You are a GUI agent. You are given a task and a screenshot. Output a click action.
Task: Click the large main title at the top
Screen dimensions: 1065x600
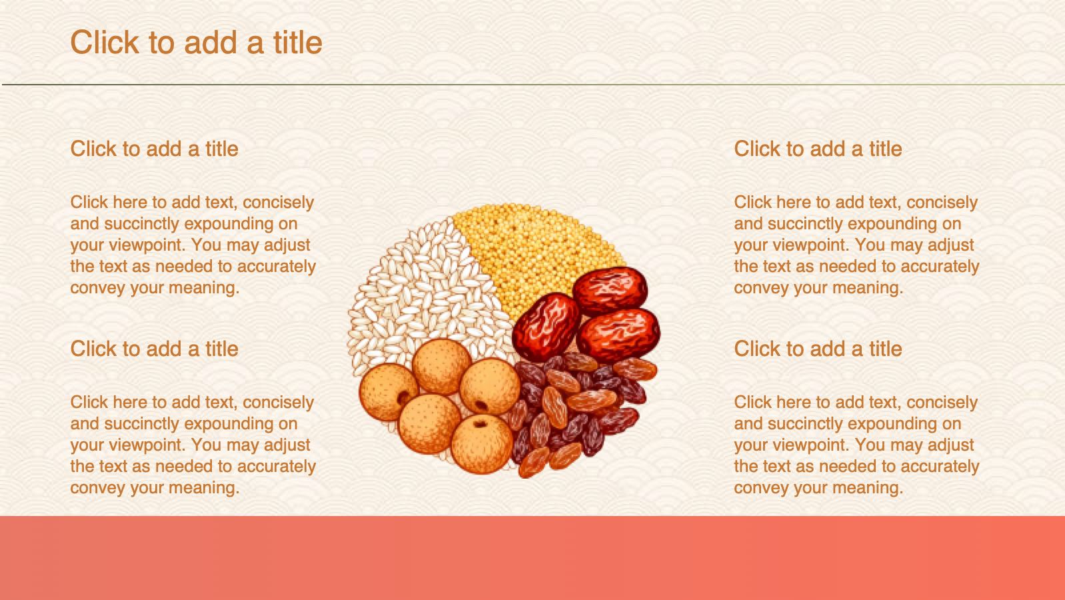pos(197,42)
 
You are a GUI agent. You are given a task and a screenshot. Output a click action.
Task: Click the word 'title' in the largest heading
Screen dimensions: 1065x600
pos(298,42)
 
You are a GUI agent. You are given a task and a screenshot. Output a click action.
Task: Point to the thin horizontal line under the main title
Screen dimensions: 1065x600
pos(532,85)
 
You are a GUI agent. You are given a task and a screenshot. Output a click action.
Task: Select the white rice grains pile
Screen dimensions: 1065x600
pos(423,295)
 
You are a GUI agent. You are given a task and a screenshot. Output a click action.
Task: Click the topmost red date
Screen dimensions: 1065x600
pos(610,291)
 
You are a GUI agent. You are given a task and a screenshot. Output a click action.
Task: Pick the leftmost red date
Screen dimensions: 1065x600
pos(546,327)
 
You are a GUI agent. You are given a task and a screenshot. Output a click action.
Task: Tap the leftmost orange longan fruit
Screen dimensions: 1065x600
pos(389,392)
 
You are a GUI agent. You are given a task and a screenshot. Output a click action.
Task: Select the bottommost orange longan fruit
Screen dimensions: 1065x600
pos(482,444)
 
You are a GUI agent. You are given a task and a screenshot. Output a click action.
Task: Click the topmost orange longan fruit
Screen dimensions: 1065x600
pos(442,367)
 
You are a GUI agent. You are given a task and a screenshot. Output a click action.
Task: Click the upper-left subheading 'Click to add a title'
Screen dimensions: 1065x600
pos(154,149)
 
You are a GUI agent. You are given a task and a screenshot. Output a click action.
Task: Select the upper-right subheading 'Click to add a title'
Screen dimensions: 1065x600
pos(818,149)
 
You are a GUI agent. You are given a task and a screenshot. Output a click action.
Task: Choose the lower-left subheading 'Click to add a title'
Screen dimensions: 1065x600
pos(154,349)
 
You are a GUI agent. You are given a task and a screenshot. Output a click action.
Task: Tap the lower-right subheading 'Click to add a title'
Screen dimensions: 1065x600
pos(818,349)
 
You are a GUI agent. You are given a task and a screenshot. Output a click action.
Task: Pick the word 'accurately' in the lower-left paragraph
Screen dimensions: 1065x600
pos(276,467)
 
